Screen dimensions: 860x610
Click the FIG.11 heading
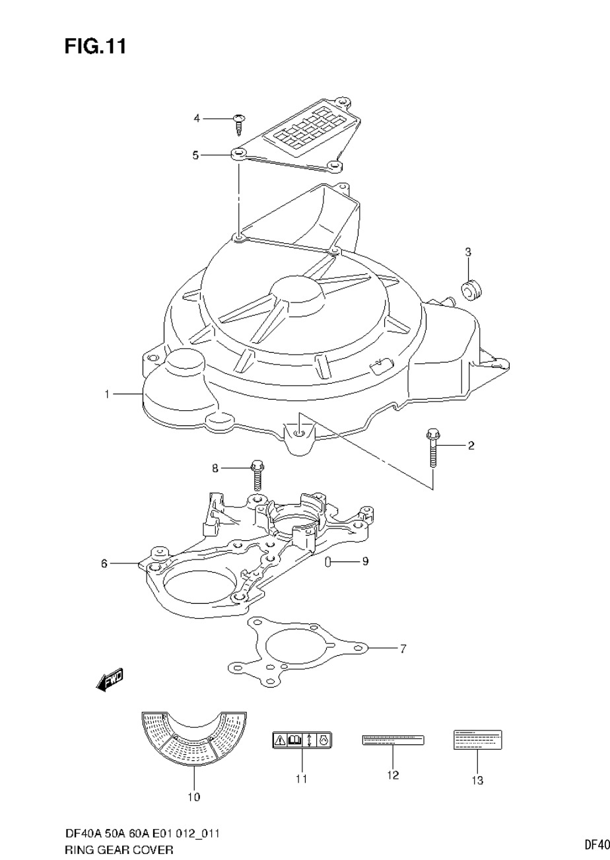click(x=95, y=46)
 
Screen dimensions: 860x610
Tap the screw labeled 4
click(x=240, y=123)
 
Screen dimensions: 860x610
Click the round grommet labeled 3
click(x=470, y=288)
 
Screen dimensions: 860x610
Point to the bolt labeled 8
click(x=257, y=474)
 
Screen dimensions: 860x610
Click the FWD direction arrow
click(x=110, y=680)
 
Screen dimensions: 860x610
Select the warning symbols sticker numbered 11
click(x=302, y=740)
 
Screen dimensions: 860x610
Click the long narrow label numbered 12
click(x=393, y=740)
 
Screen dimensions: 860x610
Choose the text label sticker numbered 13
click(x=477, y=740)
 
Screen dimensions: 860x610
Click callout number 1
click(x=106, y=394)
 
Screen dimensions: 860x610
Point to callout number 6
click(x=104, y=563)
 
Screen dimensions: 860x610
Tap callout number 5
click(x=195, y=155)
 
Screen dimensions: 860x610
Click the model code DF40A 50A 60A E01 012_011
click(x=142, y=834)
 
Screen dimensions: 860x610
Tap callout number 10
click(x=193, y=797)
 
